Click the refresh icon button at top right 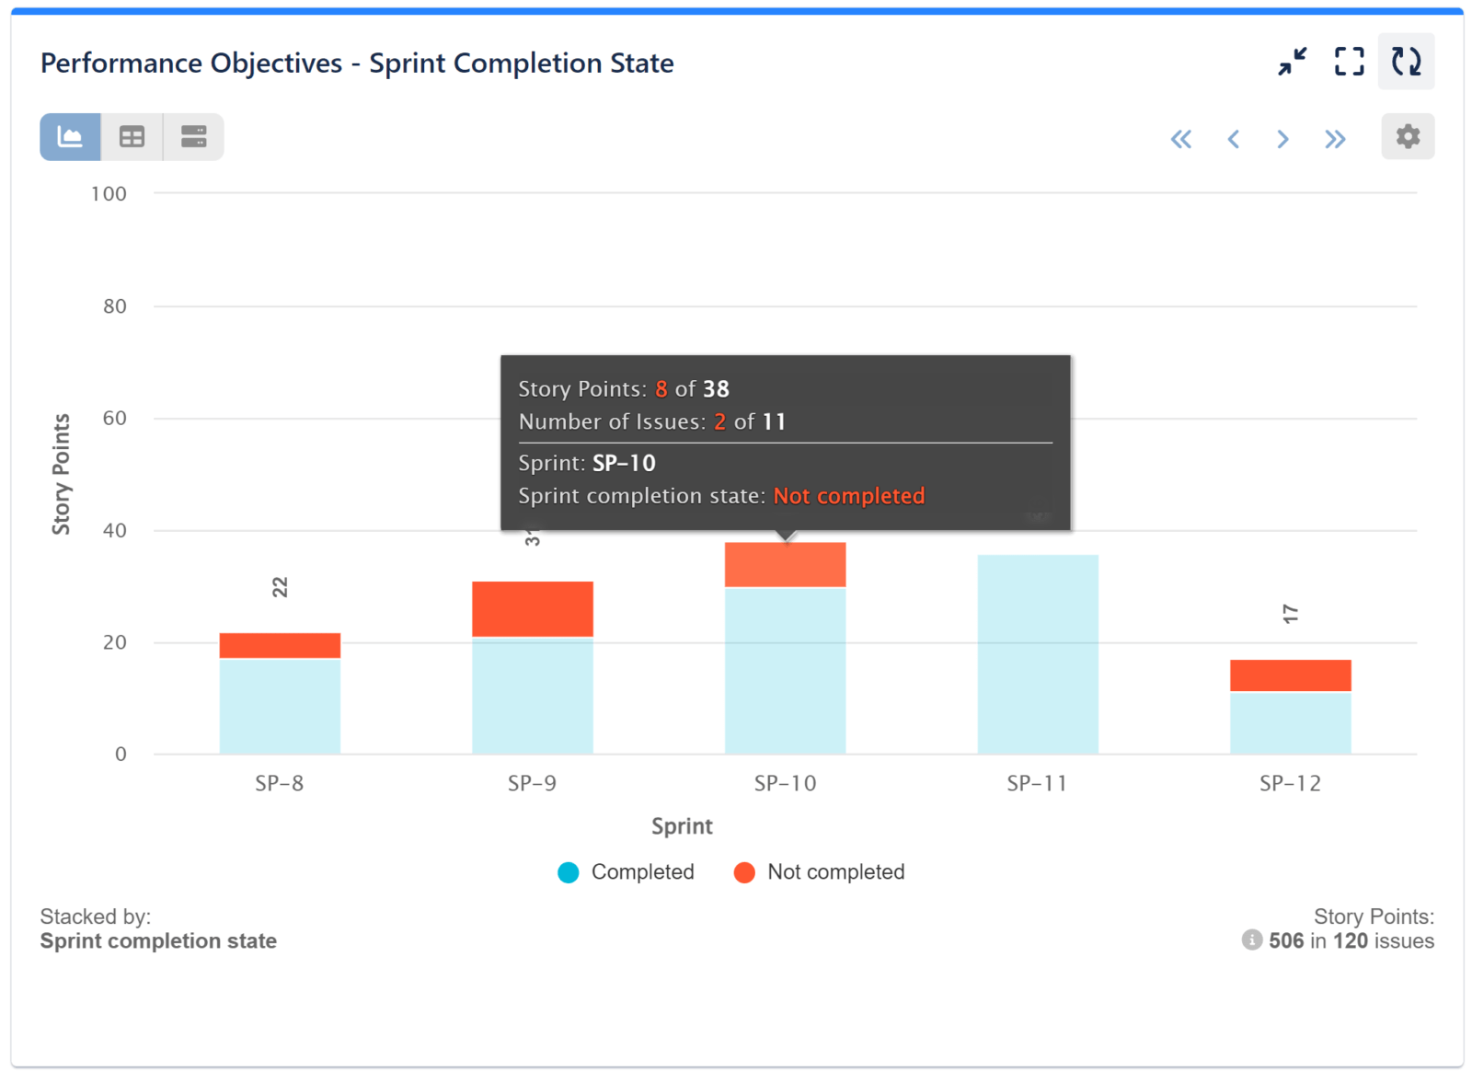pyautogui.click(x=1405, y=62)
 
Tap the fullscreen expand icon pyautogui.click(x=1349, y=62)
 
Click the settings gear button pyautogui.click(x=1407, y=137)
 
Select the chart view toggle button pyautogui.click(x=70, y=137)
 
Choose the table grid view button pyautogui.click(x=132, y=137)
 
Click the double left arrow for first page pyautogui.click(x=1180, y=139)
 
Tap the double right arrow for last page pyautogui.click(x=1335, y=139)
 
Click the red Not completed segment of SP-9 pyautogui.click(x=532, y=608)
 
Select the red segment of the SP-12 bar pyautogui.click(x=1290, y=675)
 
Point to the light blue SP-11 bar pyautogui.click(x=1037, y=654)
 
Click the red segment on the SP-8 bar pyautogui.click(x=280, y=645)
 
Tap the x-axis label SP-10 pyautogui.click(x=785, y=783)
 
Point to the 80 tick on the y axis pyautogui.click(x=115, y=306)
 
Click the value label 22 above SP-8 pyautogui.click(x=280, y=587)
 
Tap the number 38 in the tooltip pyautogui.click(x=716, y=389)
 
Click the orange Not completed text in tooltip pyautogui.click(x=848, y=496)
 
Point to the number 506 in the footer pyautogui.click(x=1285, y=940)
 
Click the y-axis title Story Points pyautogui.click(x=61, y=474)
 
